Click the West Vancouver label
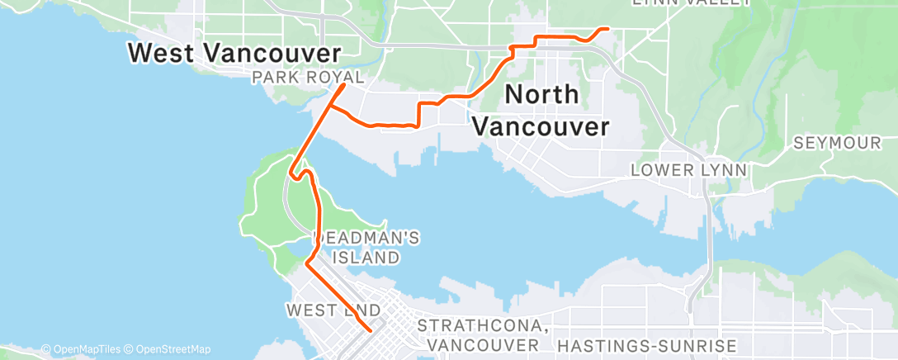click(x=235, y=54)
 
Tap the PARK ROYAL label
click(x=309, y=78)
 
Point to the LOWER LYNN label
click(x=689, y=170)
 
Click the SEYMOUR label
click(x=837, y=144)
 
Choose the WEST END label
click(x=333, y=310)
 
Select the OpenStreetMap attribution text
click(x=173, y=349)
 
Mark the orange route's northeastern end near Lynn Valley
click(x=608, y=29)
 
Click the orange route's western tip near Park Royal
click(x=344, y=84)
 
